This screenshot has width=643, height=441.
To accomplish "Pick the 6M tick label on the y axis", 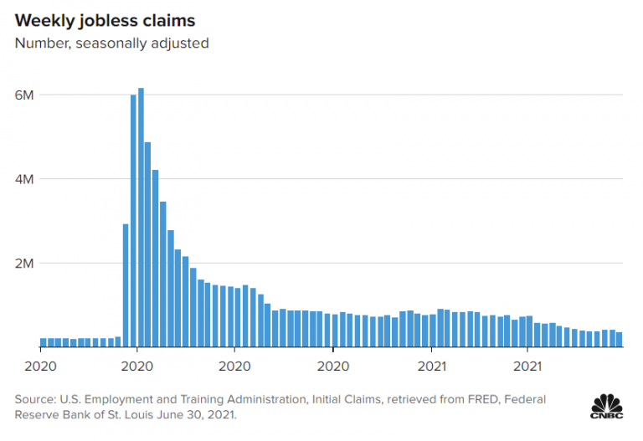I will tap(24, 95).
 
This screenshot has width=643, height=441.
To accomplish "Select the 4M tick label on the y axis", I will tap(24, 179).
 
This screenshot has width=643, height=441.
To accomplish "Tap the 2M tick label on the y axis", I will tap(24, 264).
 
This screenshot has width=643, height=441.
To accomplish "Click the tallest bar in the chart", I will tap(141, 218).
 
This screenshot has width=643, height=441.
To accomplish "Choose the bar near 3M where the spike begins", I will tap(126, 285).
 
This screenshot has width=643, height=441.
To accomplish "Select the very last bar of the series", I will tap(620, 339).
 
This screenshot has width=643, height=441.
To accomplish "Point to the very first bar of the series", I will tap(44, 341).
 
